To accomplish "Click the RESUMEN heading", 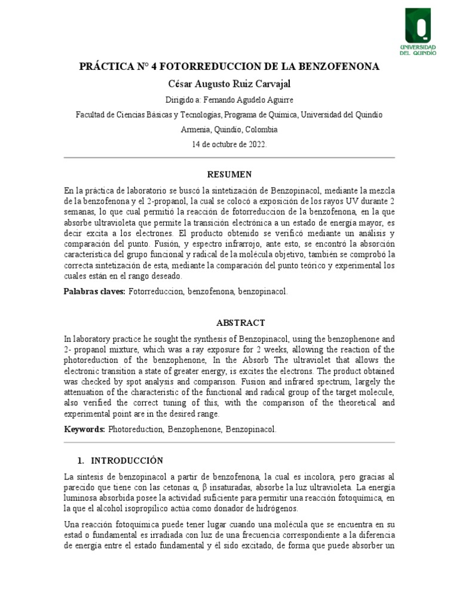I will click(229, 175).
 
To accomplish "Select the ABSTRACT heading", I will click(229, 323).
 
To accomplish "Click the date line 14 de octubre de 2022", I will click(229, 145).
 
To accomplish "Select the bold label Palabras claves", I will click(94, 291).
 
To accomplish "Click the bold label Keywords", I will click(84, 429).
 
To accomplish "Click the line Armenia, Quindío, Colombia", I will click(229, 129).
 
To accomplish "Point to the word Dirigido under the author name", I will click(178, 99).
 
